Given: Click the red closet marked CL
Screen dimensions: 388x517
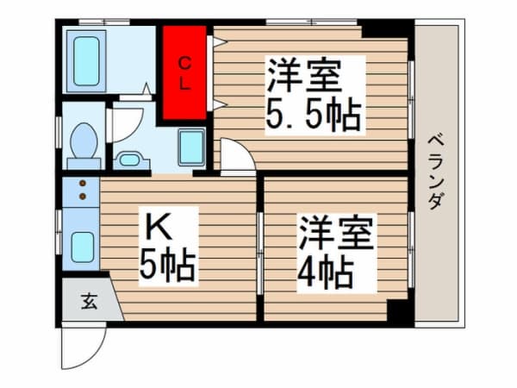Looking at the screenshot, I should [x=185, y=74].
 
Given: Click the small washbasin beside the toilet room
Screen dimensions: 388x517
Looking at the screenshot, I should [x=130, y=159].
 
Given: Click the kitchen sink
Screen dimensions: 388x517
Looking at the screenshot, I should [x=83, y=247].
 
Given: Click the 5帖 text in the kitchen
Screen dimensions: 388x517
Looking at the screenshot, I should [x=169, y=266].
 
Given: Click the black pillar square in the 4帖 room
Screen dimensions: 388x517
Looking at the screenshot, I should [x=397, y=311].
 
